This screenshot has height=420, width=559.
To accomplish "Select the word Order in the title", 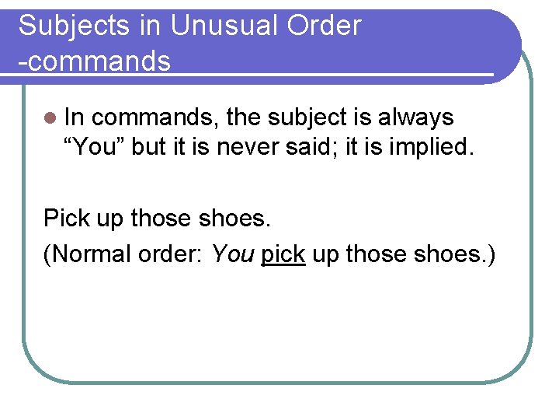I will [x=325, y=26].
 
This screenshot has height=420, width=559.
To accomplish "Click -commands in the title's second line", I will [x=95, y=60].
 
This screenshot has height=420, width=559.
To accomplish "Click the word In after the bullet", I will [x=75, y=117].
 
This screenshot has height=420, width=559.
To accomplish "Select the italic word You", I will [x=233, y=254].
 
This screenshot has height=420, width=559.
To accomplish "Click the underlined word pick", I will [x=283, y=255].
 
